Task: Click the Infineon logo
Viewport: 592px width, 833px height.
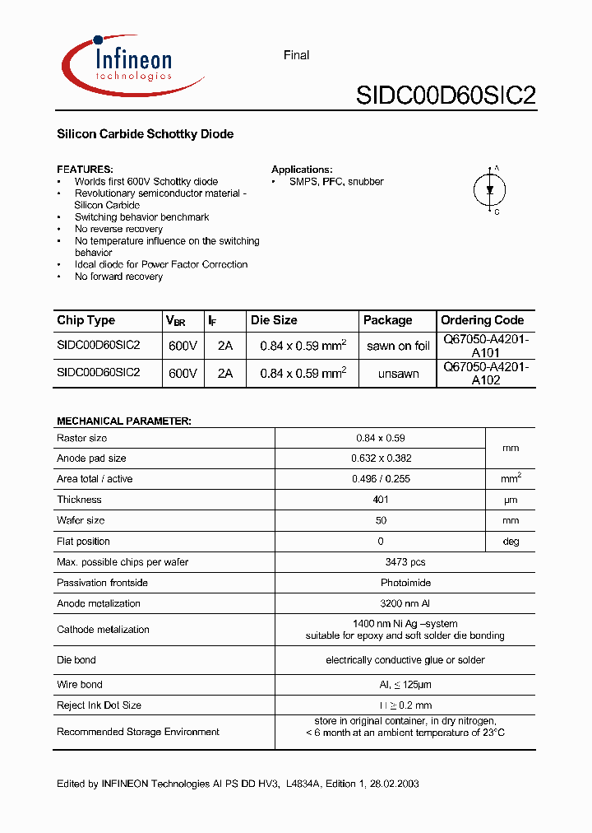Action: pos(132,64)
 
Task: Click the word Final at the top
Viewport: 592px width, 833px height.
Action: pos(296,55)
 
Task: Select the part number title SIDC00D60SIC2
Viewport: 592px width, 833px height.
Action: pos(446,96)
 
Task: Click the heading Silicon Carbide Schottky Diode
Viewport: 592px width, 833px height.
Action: pos(145,134)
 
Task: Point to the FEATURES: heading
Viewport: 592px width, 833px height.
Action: pos(85,169)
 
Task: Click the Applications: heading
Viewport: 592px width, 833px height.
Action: pos(302,169)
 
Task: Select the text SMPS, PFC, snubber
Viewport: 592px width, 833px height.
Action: pos(336,182)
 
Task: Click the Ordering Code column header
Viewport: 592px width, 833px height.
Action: pos(482,320)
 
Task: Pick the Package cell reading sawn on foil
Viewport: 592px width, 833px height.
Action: pos(398,347)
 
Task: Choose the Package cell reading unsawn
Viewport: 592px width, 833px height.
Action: pos(398,374)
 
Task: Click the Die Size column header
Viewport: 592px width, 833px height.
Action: pos(274,320)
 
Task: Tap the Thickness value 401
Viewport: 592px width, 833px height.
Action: pos(381,500)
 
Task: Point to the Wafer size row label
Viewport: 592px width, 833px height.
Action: pos(81,520)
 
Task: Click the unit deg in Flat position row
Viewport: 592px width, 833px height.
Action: pos(511,542)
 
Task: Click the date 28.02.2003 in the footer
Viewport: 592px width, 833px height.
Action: pos(392,784)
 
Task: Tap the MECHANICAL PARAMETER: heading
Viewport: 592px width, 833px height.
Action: pos(123,421)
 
